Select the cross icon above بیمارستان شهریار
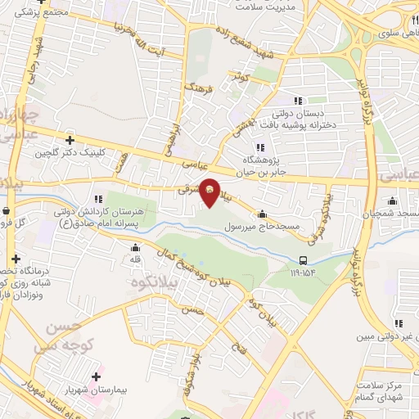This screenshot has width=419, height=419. (x=98, y=377)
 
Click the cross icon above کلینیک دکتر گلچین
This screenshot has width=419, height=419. (x=70, y=140)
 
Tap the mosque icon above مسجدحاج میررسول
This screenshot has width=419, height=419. (x=262, y=214)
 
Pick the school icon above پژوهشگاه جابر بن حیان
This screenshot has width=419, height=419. (x=259, y=147)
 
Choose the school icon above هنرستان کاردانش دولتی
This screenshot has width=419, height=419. (x=97, y=198)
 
